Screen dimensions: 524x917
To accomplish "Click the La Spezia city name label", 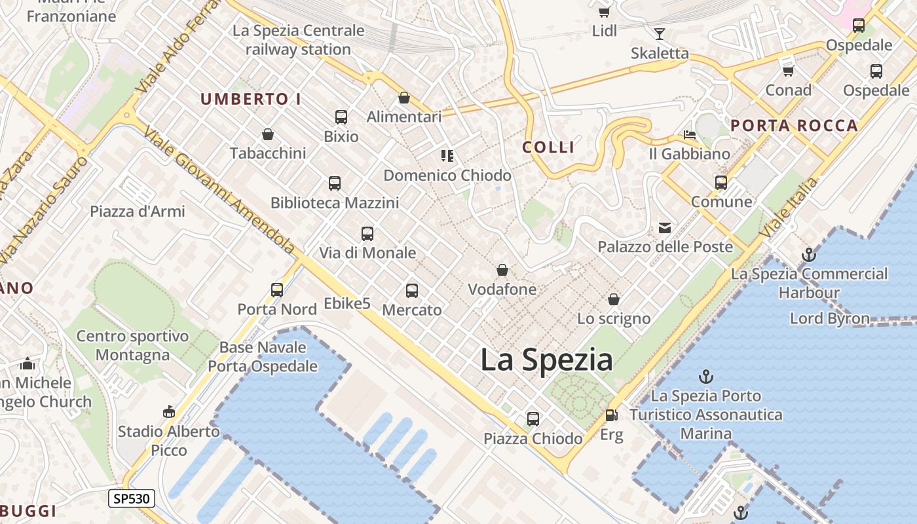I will point(546,360).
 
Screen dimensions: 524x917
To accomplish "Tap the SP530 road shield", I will point(132,498).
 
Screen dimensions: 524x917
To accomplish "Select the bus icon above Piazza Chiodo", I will point(533,419).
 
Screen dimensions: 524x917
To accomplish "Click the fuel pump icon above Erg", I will point(611,415).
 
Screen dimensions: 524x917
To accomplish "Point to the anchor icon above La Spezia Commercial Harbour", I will point(809,254).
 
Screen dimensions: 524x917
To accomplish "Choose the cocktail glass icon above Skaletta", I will point(660,33).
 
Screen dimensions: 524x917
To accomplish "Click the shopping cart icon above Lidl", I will point(604,11).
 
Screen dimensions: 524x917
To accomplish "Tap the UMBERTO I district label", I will point(251,100).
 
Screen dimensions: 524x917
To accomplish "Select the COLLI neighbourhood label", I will point(548,147).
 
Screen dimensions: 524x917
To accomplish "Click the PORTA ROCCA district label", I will point(794,126).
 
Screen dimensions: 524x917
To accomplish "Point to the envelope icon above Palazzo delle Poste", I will point(665,227).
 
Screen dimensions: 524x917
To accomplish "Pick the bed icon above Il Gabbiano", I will point(690,135).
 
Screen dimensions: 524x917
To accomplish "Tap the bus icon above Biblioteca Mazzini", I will point(335,183).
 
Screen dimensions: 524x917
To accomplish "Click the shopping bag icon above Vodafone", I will point(502,270).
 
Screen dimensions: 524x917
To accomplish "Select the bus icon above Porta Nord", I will point(277,290).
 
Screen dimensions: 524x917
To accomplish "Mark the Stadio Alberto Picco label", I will point(169,441).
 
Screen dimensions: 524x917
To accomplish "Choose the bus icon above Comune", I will point(721,182).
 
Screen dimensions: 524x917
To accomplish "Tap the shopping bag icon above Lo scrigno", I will point(614,299).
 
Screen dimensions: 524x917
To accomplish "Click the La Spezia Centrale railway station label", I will point(299,40).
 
